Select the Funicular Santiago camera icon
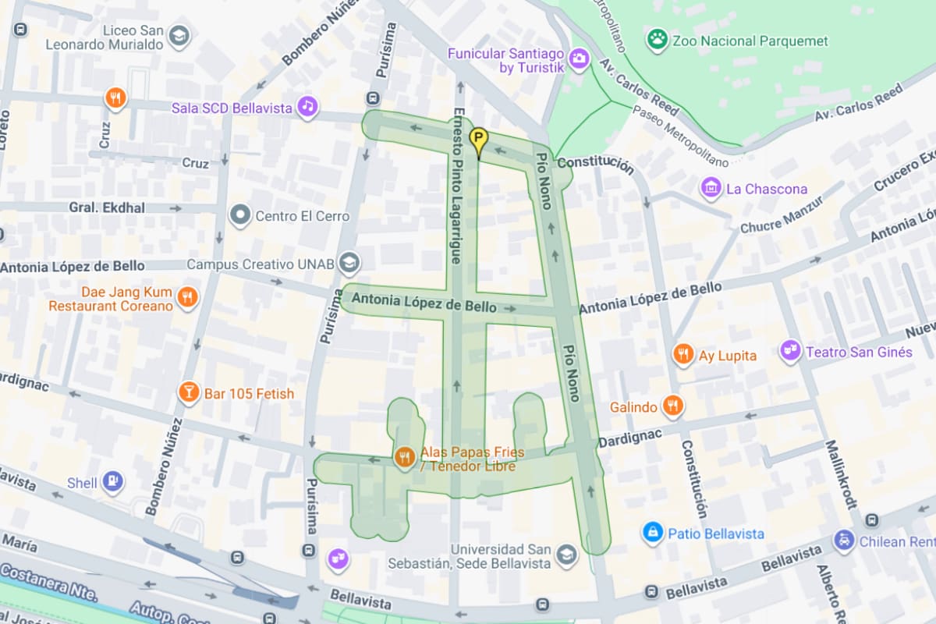tap(578, 58)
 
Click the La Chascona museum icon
tap(711, 188)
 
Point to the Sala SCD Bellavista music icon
tap(308, 107)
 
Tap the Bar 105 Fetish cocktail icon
tap(188, 392)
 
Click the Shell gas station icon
tap(113, 482)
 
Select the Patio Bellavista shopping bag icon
tap(652, 533)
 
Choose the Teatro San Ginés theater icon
tap(791, 351)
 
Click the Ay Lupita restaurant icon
tap(683, 355)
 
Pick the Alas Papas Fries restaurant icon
tap(404, 457)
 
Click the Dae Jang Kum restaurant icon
tap(187, 297)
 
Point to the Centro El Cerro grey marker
tap(240, 215)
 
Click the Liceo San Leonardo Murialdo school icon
tap(179, 36)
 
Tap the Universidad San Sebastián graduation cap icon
tap(565, 555)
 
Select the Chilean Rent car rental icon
tap(843, 540)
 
